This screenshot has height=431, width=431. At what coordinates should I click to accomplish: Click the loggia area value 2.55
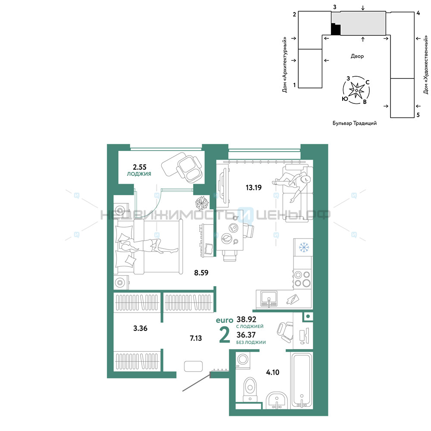coord(140,167)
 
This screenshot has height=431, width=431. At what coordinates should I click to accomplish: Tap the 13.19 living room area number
coord(253,188)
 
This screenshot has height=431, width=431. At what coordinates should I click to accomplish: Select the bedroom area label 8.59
coord(201,273)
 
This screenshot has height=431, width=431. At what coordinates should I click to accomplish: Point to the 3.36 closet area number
coord(140,328)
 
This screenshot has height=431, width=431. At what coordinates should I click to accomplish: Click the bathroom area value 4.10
coord(272,372)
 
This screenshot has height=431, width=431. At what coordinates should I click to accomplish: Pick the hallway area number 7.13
coord(196,338)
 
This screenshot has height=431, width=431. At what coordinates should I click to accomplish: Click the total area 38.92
coord(246,319)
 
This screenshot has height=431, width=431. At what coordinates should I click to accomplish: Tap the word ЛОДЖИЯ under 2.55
coord(139,174)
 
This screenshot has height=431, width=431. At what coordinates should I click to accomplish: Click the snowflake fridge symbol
coord(304,247)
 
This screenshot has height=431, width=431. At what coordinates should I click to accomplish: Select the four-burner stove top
coord(302,279)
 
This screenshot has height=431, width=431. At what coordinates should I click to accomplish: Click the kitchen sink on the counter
coord(269,299)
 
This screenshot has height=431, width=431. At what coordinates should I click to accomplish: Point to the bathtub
coord(302,380)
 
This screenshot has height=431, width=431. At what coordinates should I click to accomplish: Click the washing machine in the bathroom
coord(243,360)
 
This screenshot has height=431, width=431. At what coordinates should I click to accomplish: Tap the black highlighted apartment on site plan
coord(335,29)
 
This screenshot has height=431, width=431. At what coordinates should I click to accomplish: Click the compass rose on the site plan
coord(356,90)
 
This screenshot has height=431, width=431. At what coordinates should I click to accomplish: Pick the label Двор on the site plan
coord(357,56)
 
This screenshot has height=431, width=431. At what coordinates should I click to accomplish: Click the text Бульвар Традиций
coord(355,123)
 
